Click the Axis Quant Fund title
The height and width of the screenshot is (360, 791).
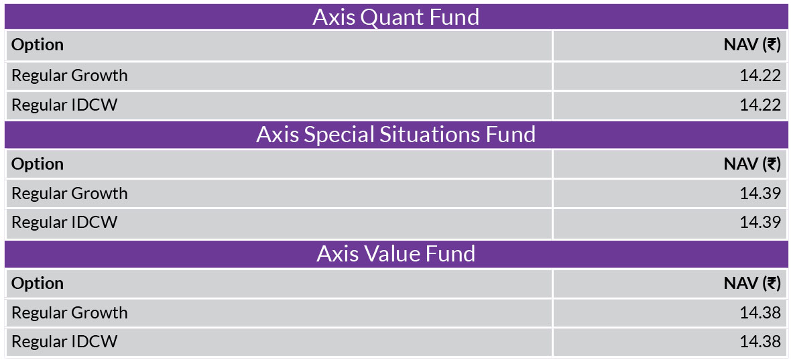(395, 17)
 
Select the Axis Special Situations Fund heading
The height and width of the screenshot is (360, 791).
(395, 135)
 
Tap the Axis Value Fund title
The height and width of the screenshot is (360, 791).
(395, 253)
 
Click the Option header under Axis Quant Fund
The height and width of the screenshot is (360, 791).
(38, 46)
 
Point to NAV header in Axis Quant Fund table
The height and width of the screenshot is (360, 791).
(752, 46)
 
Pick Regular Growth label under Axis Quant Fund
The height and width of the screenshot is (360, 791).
(70, 76)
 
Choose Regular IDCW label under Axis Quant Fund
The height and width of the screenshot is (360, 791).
(64, 105)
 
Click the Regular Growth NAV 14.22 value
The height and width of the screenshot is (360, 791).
(760, 76)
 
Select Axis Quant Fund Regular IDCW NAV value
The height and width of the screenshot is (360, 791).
(760, 105)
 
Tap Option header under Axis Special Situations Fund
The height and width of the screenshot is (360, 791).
(38, 164)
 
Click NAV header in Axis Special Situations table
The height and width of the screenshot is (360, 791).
(752, 164)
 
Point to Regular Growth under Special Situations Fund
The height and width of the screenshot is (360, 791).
(70, 194)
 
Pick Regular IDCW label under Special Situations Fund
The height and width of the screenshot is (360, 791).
(64, 223)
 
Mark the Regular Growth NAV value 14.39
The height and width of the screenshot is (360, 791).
(760, 194)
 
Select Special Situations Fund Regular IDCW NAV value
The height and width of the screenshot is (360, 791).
(760, 223)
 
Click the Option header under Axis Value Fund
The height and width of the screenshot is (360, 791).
(38, 284)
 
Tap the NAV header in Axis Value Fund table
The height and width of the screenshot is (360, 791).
(752, 284)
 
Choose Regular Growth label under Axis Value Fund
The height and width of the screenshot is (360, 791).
(70, 312)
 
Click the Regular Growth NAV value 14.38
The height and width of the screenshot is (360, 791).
(760, 312)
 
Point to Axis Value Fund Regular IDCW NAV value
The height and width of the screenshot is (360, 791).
(760, 342)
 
